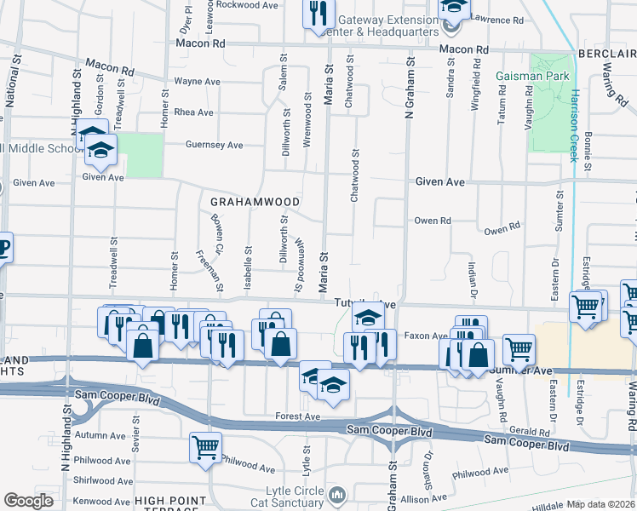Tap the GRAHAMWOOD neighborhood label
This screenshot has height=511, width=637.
[x=255, y=202]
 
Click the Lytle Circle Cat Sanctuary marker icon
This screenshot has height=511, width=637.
[x=338, y=495]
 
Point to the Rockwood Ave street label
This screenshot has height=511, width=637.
[x=247, y=4]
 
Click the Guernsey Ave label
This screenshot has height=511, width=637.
[x=215, y=145]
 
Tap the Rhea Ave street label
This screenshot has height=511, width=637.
[x=193, y=112]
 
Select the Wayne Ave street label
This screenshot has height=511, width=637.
[x=197, y=82]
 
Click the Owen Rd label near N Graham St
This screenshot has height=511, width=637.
[x=433, y=221]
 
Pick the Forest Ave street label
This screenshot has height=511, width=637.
[x=297, y=416]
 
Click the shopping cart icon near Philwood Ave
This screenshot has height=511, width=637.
[x=205, y=446]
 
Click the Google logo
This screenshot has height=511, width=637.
[x=29, y=501]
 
